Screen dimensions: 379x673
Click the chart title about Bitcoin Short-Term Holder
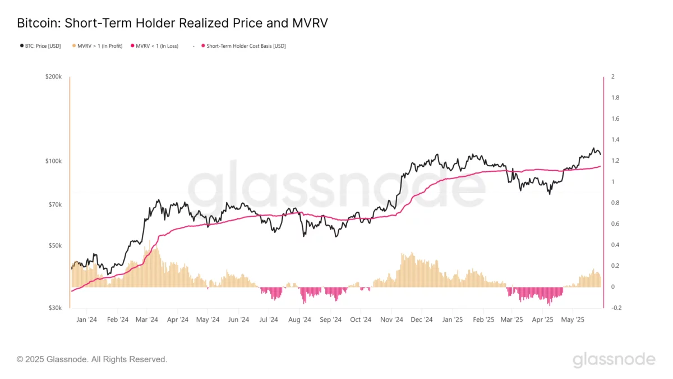click(x=172, y=23)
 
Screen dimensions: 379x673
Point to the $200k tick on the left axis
click(x=53, y=76)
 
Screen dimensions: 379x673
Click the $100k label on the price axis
click(x=53, y=161)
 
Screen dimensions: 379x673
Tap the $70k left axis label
click(x=54, y=205)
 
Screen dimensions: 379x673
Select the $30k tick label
click(x=54, y=308)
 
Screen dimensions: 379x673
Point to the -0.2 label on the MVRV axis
click(x=615, y=308)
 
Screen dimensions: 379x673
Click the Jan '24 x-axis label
click(x=86, y=320)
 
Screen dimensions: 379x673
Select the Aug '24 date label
click(x=299, y=320)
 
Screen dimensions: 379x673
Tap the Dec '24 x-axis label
click(x=421, y=320)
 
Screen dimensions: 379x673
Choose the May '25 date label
click(x=573, y=320)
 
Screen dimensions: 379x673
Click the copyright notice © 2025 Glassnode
click(x=92, y=359)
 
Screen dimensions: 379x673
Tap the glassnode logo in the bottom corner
click(x=614, y=359)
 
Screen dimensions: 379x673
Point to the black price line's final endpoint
click(x=600, y=154)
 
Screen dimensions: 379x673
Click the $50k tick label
click(x=54, y=246)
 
